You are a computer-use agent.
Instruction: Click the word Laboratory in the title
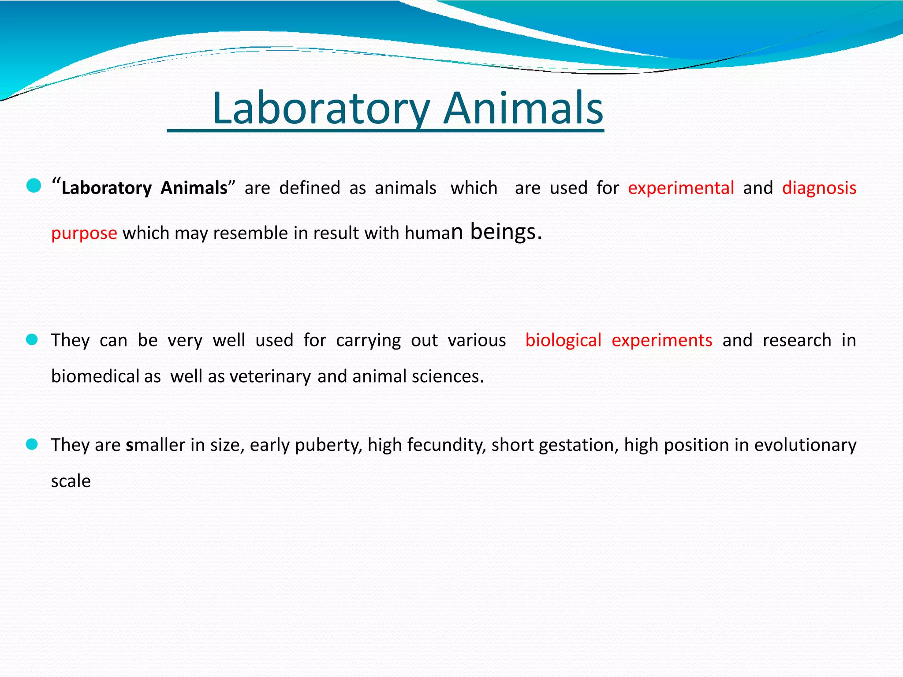click(x=321, y=108)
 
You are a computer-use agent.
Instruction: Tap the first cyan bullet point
click(x=34, y=186)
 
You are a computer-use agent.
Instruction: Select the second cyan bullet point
click(x=32, y=339)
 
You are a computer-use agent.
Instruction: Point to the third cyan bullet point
click(x=32, y=444)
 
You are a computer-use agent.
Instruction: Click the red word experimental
click(x=681, y=188)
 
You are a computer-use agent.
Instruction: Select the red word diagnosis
click(x=819, y=188)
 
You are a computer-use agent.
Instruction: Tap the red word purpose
click(x=84, y=233)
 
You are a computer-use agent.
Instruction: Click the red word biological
click(x=563, y=340)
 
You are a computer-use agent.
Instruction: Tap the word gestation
click(x=578, y=445)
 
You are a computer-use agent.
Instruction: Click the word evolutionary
click(x=805, y=445)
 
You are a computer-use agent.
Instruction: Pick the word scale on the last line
click(x=71, y=481)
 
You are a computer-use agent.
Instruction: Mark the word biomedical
click(x=95, y=376)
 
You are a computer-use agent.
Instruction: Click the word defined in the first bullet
click(x=310, y=188)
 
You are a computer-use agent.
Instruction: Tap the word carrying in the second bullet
click(x=368, y=340)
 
